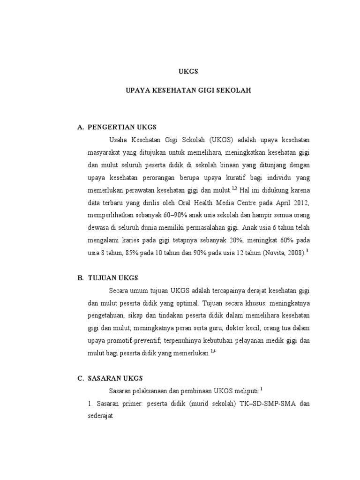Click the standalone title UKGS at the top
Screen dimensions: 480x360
click(189, 72)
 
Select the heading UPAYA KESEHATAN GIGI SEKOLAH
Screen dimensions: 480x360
click(188, 90)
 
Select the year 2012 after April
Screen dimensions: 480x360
click(300, 203)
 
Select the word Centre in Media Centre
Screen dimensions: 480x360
click(251, 203)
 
